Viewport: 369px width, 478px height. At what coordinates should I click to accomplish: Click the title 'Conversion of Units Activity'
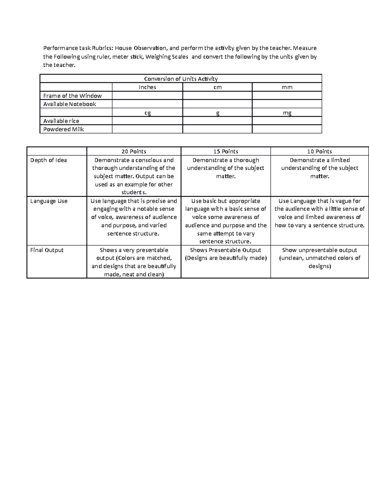tap(181, 79)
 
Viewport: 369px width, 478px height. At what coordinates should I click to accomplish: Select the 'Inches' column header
tap(147, 87)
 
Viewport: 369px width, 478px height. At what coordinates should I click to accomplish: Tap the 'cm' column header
tap(217, 87)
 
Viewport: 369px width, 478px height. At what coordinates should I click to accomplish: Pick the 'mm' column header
tap(287, 87)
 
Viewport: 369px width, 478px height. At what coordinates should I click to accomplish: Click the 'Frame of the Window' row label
tap(73, 96)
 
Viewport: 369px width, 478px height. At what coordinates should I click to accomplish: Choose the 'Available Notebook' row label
tap(70, 104)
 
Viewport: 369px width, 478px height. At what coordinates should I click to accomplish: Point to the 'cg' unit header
tap(148, 113)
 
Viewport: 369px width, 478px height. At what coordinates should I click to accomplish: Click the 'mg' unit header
tap(287, 113)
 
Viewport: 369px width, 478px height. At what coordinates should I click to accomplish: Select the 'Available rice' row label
tap(61, 121)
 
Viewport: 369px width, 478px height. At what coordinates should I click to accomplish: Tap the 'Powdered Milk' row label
tap(64, 129)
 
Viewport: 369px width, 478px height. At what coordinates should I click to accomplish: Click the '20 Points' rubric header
tap(134, 151)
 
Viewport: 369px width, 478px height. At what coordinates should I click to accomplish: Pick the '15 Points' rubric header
tap(226, 151)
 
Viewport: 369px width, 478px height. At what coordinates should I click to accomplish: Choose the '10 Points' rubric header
tap(319, 151)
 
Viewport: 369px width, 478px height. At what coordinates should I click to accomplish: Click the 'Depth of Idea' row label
tap(49, 160)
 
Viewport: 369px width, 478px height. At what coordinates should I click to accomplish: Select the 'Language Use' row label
tap(49, 201)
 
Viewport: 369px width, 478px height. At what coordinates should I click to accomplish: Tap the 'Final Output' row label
tap(47, 250)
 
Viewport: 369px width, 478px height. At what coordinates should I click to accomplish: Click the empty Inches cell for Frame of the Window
tap(147, 96)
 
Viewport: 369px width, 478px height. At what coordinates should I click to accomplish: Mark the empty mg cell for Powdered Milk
tap(287, 129)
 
